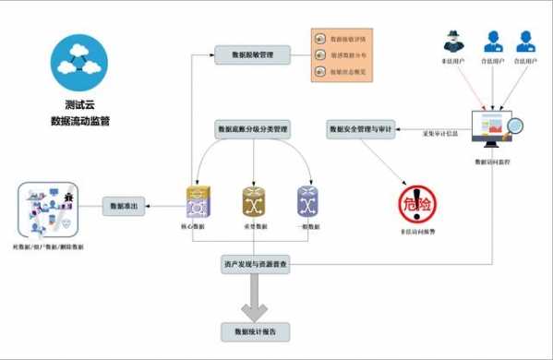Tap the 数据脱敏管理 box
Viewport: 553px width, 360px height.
[252, 55]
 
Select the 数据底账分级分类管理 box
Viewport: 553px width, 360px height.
[253, 128]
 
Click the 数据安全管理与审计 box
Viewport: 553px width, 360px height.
[361, 129]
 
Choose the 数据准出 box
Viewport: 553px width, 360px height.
[125, 206]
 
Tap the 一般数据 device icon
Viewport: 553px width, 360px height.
[307, 200]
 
